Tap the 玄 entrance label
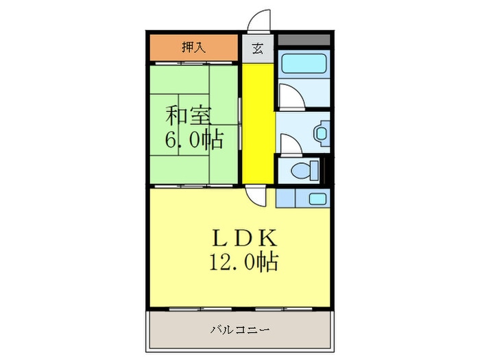[258, 48]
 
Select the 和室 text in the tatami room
[189, 114]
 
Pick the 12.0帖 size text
[245, 263]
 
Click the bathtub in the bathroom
[304, 69]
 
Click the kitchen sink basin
[317, 199]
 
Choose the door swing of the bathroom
[288, 98]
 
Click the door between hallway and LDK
[257, 195]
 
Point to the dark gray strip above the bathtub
[304, 39]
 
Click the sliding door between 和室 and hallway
[240, 124]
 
